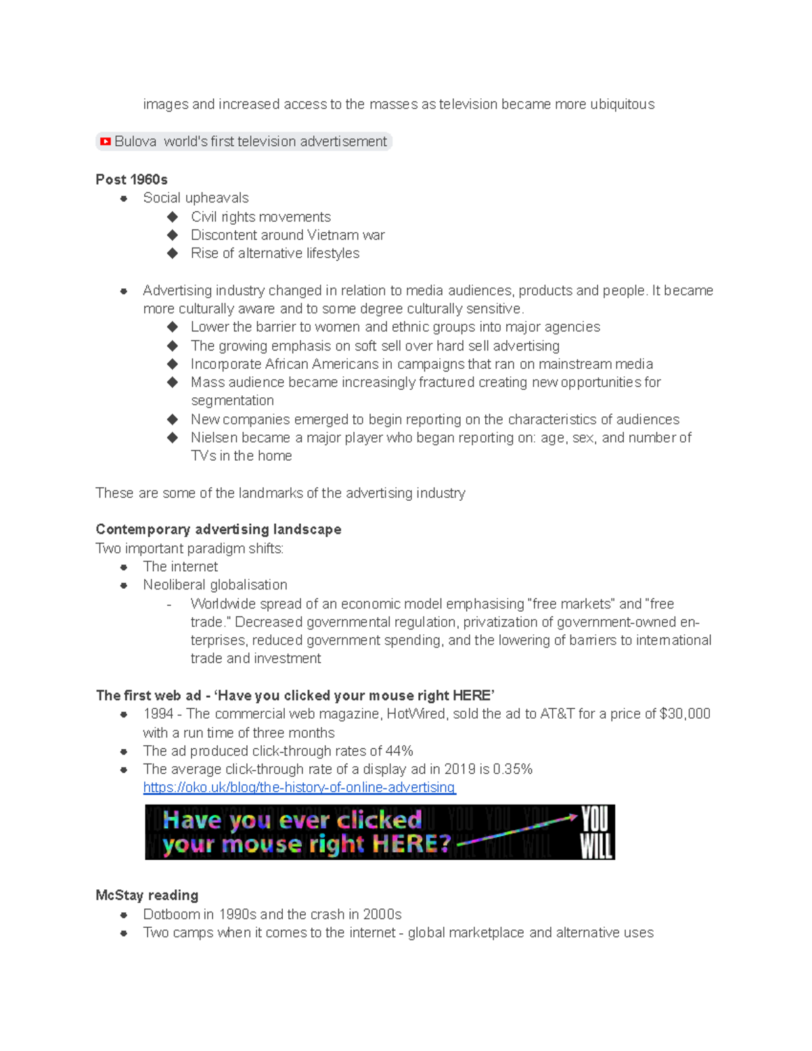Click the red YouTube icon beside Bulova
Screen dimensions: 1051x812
click(x=106, y=141)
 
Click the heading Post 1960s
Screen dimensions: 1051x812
click(x=131, y=179)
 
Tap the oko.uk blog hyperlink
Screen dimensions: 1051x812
click(x=299, y=788)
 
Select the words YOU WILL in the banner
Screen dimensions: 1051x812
click(x=595, y=832)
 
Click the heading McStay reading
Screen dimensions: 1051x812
click(x=147, y=895)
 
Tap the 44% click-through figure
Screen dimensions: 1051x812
click(x=399, y=751)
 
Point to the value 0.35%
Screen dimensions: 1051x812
click(x=512, y=769)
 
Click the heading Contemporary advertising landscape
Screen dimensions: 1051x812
click(x=218, y=529)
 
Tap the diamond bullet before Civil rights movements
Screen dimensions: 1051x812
click(x=173, y=217)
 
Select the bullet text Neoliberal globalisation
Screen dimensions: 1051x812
click(x=215, y=585)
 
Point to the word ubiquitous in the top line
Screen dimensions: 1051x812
click(x=622, y=104)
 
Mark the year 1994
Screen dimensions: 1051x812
click(x=158, y=714)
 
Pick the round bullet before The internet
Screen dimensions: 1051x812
click(x=124, y=567)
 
